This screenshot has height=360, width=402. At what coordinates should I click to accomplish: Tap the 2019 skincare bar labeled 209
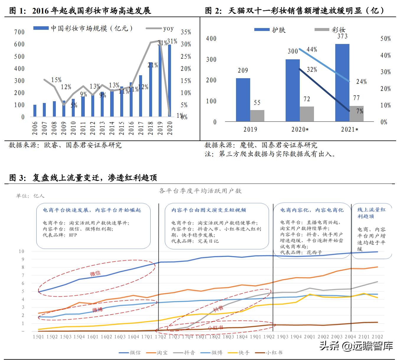point(243,100)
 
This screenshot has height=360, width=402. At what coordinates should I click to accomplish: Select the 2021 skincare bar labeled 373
point(342,83)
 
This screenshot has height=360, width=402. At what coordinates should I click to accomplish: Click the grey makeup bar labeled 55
point(257,116)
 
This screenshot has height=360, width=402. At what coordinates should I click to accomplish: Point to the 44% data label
point(312,50)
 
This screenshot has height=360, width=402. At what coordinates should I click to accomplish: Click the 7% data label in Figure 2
point(360,111)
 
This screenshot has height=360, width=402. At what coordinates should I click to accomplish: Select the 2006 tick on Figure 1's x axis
point(35,128)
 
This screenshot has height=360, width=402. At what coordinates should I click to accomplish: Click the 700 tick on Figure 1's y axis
point(19,32)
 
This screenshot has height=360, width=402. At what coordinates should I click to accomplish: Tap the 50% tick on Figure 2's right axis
point(385,39)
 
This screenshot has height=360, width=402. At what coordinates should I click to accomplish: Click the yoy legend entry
point(168,28)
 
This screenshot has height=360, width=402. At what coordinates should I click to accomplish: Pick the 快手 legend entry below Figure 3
point(244,353)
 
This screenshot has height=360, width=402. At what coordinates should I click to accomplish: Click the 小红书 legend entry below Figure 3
point(274,353)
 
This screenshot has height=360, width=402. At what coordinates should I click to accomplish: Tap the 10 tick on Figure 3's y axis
point(21,251)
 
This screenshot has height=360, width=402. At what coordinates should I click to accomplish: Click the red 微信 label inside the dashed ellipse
point(95,274)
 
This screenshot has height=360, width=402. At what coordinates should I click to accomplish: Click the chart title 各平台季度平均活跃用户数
point(200,191)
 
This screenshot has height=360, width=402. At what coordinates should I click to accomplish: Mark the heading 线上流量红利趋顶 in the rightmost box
point(372,213)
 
